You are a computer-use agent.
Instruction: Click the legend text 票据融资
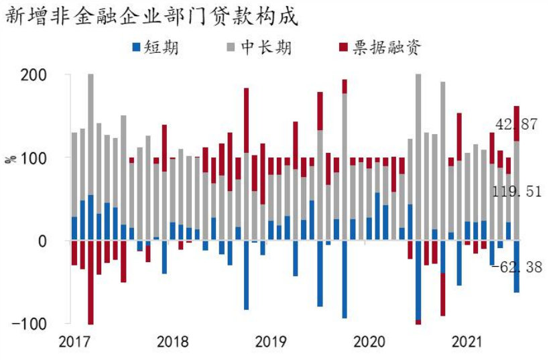click(x=384, y=47)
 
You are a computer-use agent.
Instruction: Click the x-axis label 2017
click(x=74, y=342)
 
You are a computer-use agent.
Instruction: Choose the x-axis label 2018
click(x=173, y=342)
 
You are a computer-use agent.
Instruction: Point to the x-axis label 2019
click(x=271, y=342)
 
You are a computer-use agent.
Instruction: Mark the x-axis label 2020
click(x=370, y=342)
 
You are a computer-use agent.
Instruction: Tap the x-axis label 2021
click(x=468, y=342)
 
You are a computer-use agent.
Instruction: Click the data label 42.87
click(x=516, y=125)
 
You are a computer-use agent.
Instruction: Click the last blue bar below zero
click(x=517, y=266)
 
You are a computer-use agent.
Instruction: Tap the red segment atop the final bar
click(x=517, y=123)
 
